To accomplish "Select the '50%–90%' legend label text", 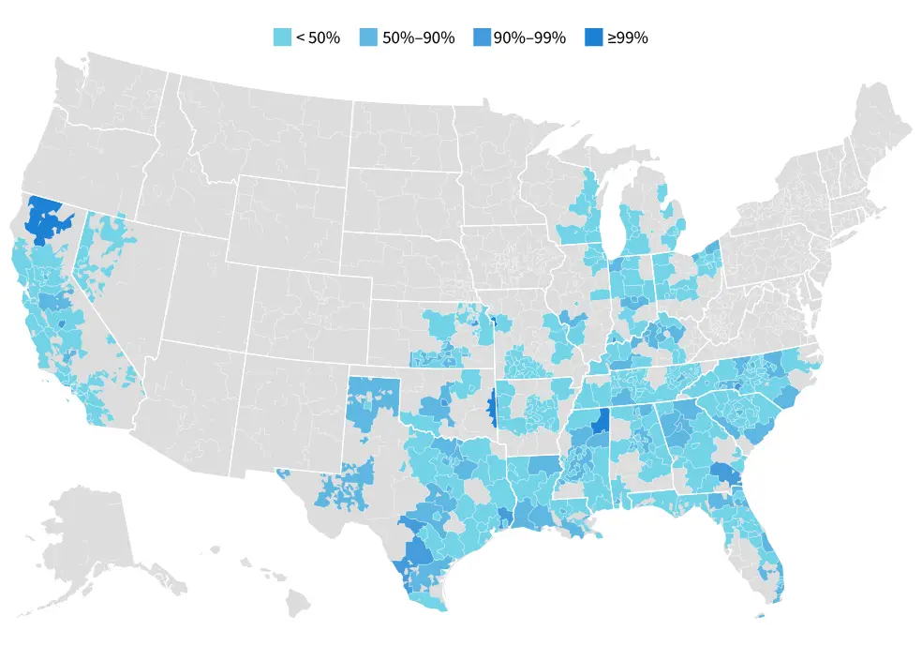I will [x=418, y=38].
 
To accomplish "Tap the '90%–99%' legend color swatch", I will [x=483, y=38].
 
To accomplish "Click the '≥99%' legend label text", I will [x=628, y=38].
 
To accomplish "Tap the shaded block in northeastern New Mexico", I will [x=373, y=398].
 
